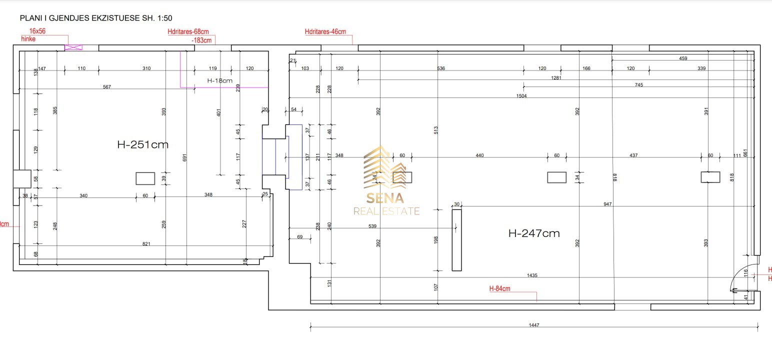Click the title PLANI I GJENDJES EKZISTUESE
[x=95, y=18]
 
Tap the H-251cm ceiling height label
[x=142, y=145]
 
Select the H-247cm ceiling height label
[x=533, y=233]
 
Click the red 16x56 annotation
[x=37, y=31]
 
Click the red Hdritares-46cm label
[x=325, y=32]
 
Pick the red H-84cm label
[x=499, y=288]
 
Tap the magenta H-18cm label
[x=220, y=80]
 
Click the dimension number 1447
[x=534, y=325]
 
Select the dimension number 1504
[x=521, y=95]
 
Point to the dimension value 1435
[x=532, y=275]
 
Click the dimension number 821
[x=146, y=244]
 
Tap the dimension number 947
[x=607, y=204]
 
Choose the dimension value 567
[x=106, y=87]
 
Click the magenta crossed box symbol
[x=73, y=47]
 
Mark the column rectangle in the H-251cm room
[x=145, y=178]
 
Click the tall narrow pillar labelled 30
[x=456, y=240]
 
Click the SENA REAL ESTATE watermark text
[x=386, y=205]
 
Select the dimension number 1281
[x=555, y=77]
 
